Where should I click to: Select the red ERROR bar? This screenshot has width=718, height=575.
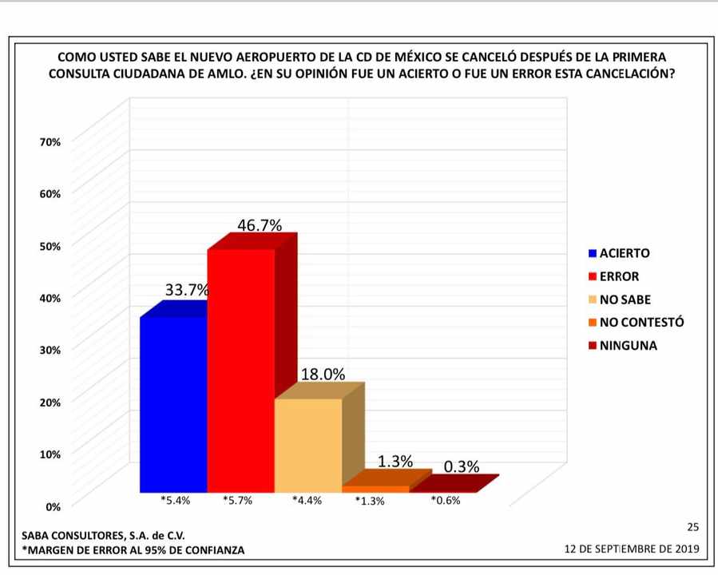tap(240, 371)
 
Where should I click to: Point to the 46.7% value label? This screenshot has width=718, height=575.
tap(260, 225)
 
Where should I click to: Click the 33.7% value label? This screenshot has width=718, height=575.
tap(187, 291)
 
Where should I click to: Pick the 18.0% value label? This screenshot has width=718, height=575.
tap(322, 374)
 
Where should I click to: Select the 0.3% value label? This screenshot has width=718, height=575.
tap(461, 467)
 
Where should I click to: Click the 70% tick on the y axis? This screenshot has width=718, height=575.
tap(50, 141)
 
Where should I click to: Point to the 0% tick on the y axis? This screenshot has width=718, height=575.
tap(53, 506)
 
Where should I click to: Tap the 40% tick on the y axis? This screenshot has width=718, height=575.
tap(50, 297)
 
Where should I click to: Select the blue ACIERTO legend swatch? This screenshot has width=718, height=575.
tap(592, 254)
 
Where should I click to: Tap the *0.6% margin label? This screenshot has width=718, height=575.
tap(446, 502)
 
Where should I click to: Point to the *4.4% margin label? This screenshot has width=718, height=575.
tap(307, 502)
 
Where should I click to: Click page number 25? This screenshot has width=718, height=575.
tap(692, 527)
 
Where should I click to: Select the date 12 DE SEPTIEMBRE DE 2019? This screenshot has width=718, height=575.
tap(631, 549)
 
